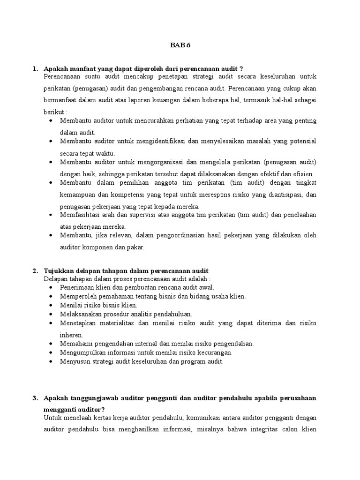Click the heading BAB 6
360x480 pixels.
click(180, 45)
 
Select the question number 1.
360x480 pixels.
click(35, 69)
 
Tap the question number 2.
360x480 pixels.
click(35, 271)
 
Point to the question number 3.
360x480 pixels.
click(35, 398)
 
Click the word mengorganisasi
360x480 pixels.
click(154, 162)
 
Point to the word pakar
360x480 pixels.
click(136, 247)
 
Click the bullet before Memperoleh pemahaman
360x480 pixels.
click(51, 296)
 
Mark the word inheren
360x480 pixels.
click(71, 335)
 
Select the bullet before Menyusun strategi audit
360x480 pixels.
click(51, 361)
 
